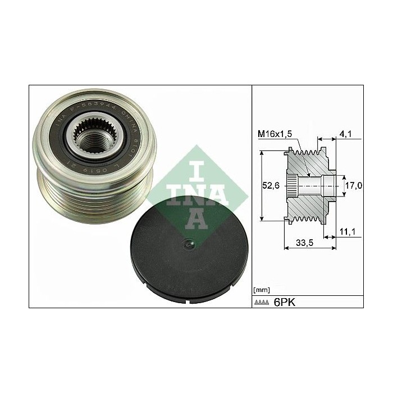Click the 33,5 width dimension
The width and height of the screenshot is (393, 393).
(305, 244)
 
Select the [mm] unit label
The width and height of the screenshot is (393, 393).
(262, 290)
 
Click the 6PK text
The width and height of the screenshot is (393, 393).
(284, 303)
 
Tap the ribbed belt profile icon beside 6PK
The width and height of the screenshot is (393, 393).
(262, 303)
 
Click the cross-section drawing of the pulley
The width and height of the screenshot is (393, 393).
(312, 185)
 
